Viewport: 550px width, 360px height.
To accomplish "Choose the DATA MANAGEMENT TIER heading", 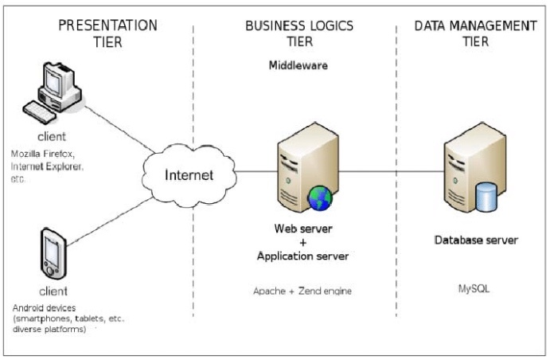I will (x=474, y=34).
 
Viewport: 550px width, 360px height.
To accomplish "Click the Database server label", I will (x=476, y=240).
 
